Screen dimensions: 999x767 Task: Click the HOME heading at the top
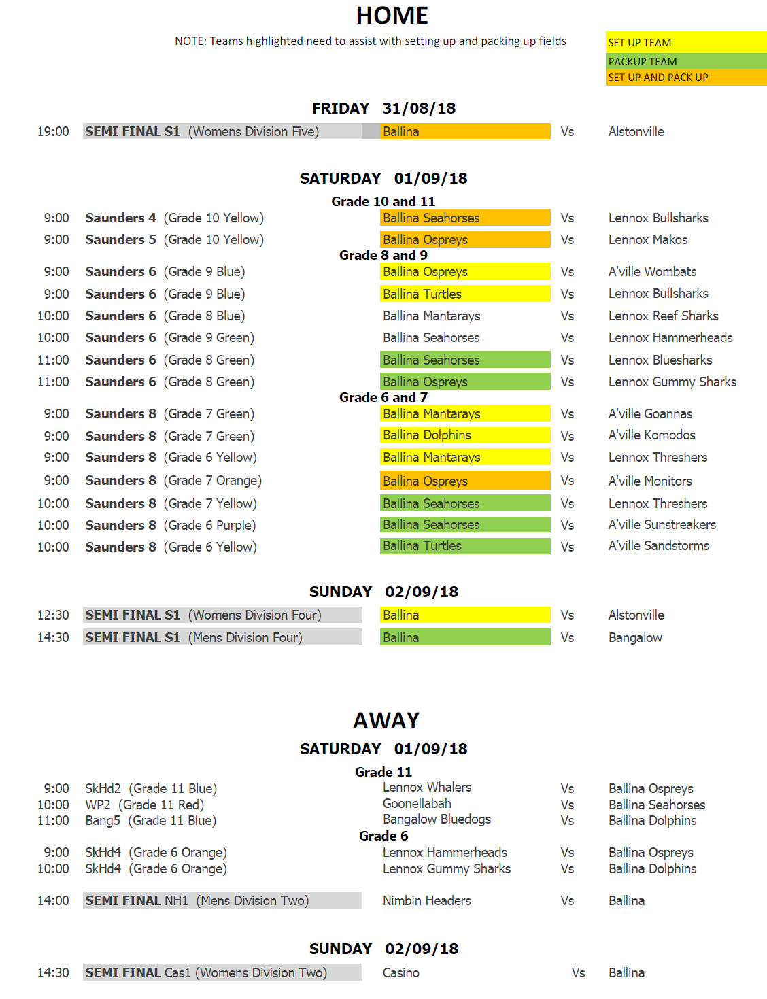[392, 16]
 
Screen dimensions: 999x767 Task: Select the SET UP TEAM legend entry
[639, 43]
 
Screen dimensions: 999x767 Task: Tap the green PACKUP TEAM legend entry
[642, 62]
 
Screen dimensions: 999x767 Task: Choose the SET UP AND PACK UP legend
[658, 78]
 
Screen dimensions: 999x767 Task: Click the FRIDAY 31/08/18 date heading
[383, 108]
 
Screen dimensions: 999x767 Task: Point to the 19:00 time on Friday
[53, 132]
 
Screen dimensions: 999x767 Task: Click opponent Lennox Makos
[647, 240]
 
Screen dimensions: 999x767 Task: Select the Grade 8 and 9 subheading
[383, 256]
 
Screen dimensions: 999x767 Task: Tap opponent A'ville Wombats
[652, 272]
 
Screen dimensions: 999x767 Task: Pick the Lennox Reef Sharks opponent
[663, 316]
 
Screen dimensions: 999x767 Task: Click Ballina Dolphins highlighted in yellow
[427, 435]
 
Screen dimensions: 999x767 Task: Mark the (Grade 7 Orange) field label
[212, 481]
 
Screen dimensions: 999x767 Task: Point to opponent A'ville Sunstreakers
[662, 525]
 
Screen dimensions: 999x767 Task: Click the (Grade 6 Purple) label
[209, 526]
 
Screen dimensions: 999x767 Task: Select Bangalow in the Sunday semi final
[635, 638]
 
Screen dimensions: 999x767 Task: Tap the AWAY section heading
[386, 721]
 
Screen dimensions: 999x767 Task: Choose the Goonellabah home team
[417, 804]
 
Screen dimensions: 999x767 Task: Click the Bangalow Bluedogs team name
[437, 819]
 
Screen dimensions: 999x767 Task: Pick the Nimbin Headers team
[426, 901]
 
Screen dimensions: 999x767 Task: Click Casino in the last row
[400, 973]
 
